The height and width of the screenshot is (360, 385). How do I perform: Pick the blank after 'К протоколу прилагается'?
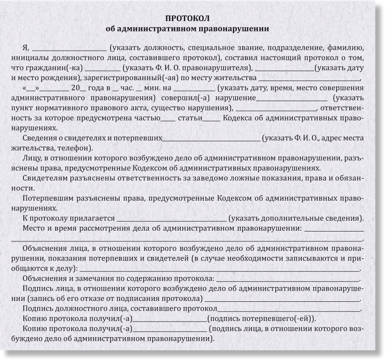[x=171, y=219]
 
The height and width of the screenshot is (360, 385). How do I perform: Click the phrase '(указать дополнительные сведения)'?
[x=295, y=219]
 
